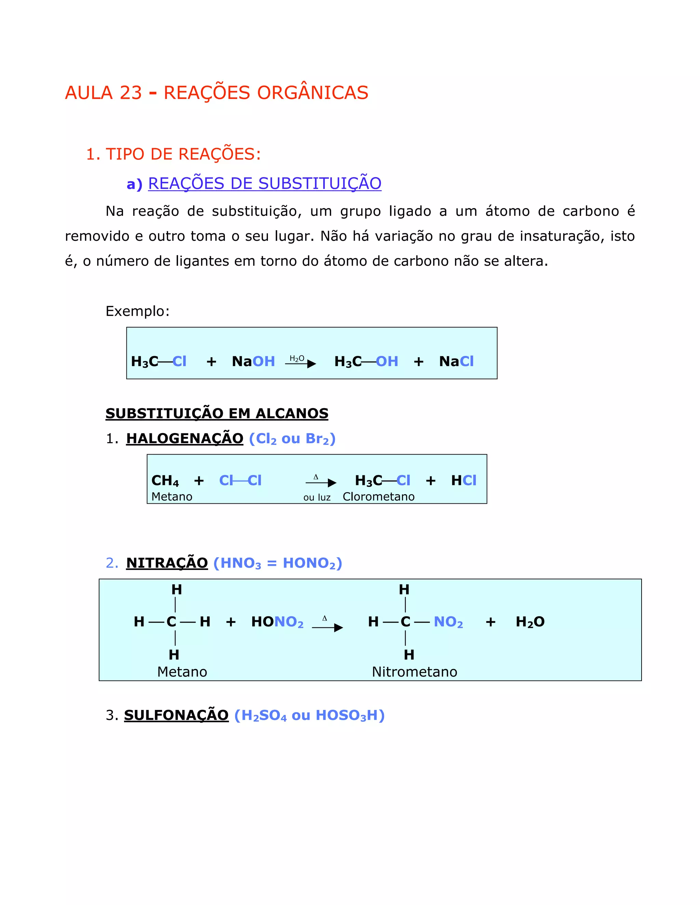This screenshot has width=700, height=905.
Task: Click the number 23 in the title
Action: click(x=131, y=93)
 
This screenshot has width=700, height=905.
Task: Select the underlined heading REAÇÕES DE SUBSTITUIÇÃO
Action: click(x=265, y=184)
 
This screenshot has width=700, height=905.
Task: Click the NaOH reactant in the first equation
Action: click(x=253, y=361)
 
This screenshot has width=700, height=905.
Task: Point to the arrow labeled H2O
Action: click(x=300, y=363)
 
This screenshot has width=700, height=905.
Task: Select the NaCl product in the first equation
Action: click(x=456, y=361)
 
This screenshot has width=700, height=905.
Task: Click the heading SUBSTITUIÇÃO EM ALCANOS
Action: click(x=217, y=414)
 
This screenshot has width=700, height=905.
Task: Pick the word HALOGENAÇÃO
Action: click(x=185, y=438)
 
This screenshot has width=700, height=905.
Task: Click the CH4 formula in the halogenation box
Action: click(x=165, y=481)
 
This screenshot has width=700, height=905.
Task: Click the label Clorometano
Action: click(x=378, y=497)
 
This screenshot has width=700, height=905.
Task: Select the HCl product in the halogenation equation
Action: click(x=463, y=481)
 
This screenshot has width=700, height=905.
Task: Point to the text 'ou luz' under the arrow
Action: click(x=317, y=498)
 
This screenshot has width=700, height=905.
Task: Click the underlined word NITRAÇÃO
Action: click(x=167, y=563)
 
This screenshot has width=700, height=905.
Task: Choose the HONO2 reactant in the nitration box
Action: click(x=277, y=622)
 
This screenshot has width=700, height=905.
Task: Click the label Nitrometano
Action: click(x=414, y=672)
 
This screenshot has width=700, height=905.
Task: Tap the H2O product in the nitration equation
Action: click(x=530, y=622)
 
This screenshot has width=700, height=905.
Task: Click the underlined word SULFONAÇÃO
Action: click(x=176, y=715)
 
